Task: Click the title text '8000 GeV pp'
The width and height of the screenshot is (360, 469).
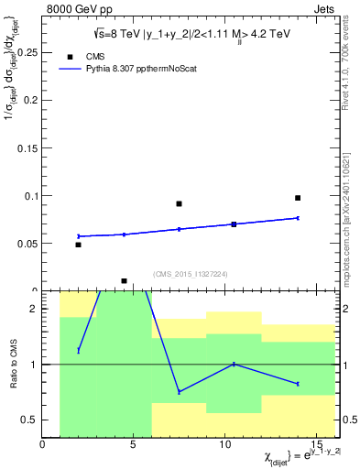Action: (77, 8)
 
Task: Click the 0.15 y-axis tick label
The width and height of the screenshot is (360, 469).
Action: (27, 148)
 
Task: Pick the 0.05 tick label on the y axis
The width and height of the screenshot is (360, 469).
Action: (27, 244)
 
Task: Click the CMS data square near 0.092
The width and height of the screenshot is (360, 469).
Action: (179, 203)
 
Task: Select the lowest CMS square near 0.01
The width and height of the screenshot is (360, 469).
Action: (124, 281)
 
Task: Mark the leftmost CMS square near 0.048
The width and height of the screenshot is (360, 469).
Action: (78, 245)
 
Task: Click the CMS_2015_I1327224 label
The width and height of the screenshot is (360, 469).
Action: (190, 273)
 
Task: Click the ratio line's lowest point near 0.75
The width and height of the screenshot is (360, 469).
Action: (179, 392)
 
